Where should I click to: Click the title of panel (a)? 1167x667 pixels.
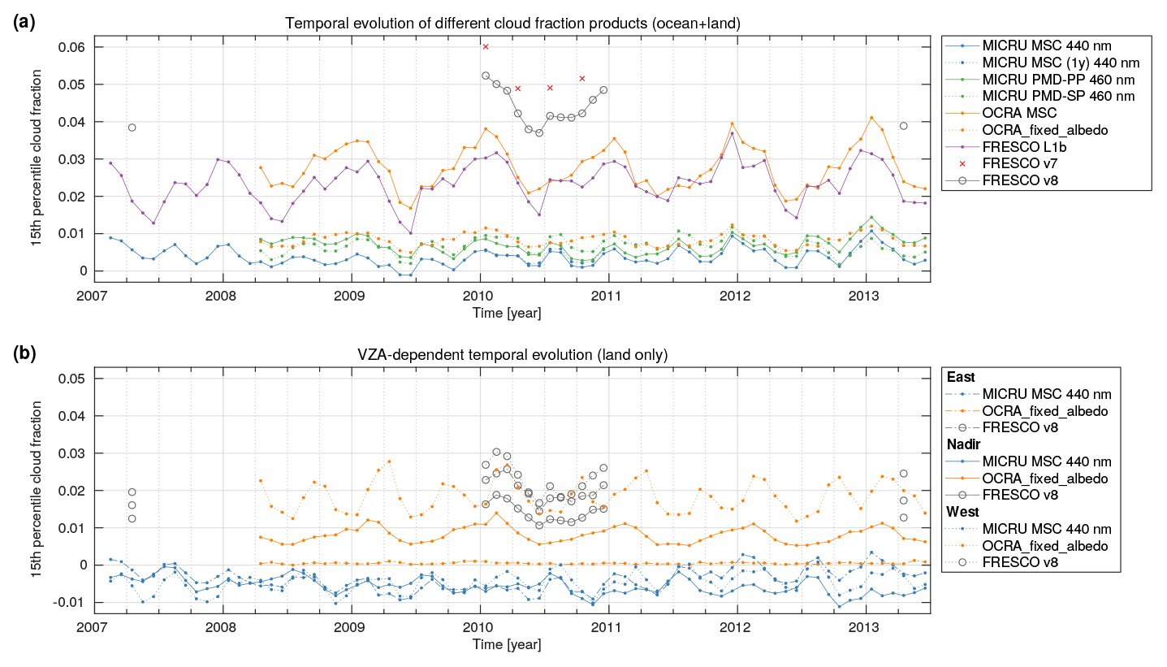(512, 23)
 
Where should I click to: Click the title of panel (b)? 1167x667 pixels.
(512, 354)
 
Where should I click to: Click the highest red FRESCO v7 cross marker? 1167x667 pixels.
(486, 47)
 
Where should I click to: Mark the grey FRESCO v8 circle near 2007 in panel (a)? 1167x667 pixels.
(132, 128)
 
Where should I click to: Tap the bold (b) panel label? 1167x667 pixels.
(24, 354)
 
